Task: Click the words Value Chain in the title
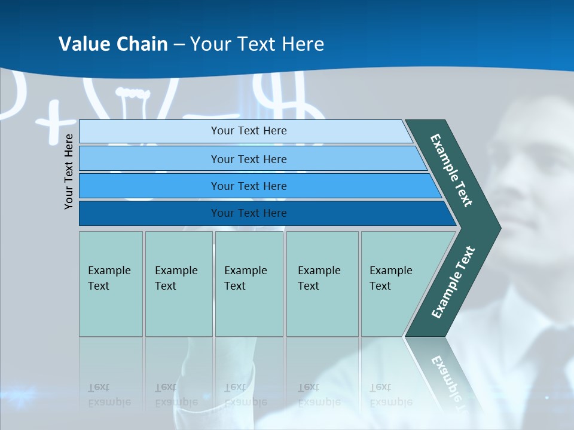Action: (113, 44)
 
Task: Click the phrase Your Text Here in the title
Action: (257, 44)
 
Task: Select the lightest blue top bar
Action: (248, 131)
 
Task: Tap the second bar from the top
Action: (248, 159)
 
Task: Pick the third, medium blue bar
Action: (248, 186)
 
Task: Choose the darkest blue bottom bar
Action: (248, 213)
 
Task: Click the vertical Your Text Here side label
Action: (69, 171)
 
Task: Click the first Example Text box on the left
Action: (111, 284)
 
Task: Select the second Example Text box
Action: (178, 284)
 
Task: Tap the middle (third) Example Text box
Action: (248, 284)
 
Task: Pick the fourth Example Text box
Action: (322, 284)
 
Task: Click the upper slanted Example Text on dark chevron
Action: (451, 170)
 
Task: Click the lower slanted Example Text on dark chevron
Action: (453, 282)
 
